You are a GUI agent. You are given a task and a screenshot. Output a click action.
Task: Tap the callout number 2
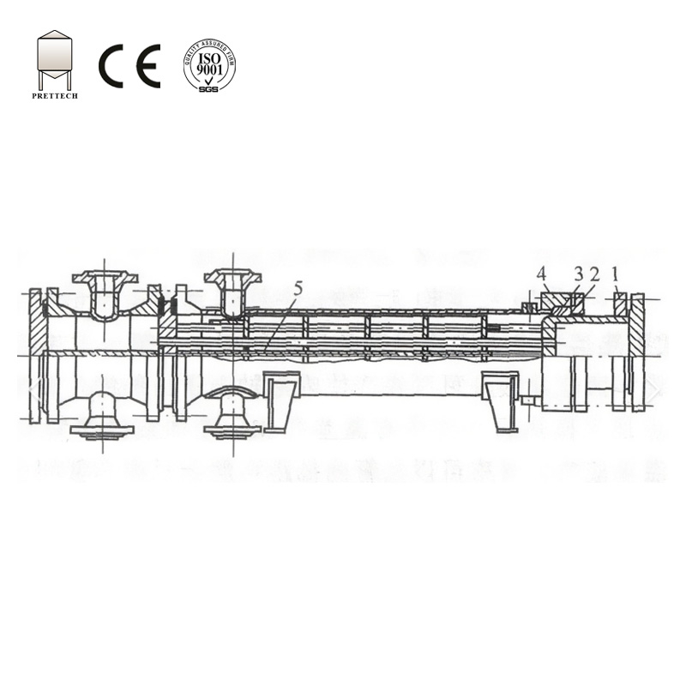(594, 274)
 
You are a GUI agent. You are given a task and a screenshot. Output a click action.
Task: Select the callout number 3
(578, 274)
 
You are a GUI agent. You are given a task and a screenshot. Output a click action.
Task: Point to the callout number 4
(541, 274)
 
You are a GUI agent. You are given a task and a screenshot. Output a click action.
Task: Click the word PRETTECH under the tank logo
(54, 96)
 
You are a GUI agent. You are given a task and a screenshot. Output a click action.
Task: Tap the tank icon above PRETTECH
(54, 59)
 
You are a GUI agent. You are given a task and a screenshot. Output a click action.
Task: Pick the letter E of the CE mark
(147, 66)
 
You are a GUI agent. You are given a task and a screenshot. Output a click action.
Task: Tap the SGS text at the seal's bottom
(209, 87)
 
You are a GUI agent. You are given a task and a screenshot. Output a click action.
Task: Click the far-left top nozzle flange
(104, 277)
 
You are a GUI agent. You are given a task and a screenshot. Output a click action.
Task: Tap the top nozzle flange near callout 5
(232, 276)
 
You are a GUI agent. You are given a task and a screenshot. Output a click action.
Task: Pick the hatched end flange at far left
(34, 356)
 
